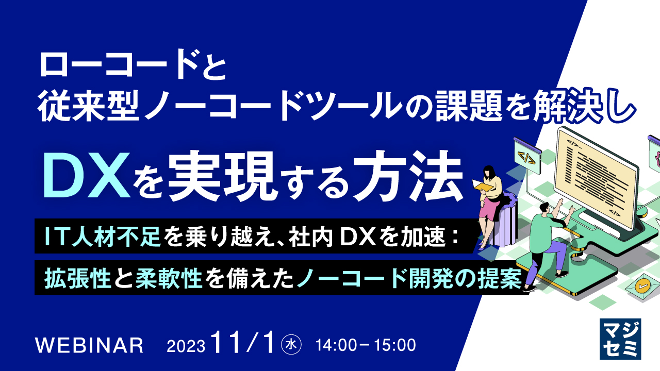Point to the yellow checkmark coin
coord(642,285)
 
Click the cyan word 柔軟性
coord(167,279)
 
